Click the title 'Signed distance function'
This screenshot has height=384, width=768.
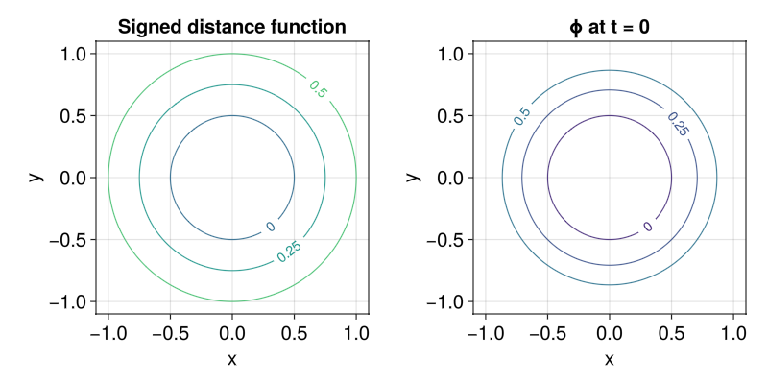point(231,27)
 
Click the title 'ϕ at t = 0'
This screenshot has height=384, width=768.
point(609,27)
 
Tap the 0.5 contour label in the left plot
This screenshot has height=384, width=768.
point(319,88)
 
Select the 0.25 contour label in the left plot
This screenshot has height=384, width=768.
point(288,251)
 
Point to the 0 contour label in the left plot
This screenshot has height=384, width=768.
point(271,227)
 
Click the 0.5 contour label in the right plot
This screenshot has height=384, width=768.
point(521,116)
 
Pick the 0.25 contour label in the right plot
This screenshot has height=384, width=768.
point(676,124)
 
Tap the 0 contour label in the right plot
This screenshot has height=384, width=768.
point(648,227)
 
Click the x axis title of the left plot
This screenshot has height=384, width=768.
point(231,359)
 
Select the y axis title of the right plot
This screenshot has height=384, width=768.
point(412,178)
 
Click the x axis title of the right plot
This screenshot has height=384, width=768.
point(609,359)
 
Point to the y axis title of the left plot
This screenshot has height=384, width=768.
point(35,178)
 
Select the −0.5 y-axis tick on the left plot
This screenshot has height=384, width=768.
point(67,240)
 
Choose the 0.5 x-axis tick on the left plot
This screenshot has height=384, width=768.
point(294,332)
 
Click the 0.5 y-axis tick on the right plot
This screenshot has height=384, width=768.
point(450,116)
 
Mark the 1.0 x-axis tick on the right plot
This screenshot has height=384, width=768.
point(733,332)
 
